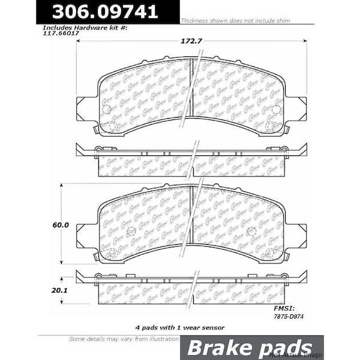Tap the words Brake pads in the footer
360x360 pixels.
[x=250, y=349]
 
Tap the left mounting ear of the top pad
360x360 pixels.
[x=86, y=109]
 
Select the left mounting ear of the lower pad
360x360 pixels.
[x=86, y=236]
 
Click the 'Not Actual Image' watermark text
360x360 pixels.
[x=340, y=355]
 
